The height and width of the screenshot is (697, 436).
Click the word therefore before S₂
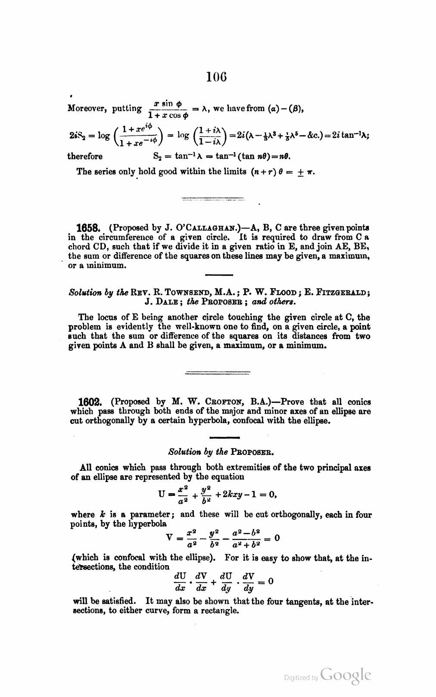(x=85, y=156)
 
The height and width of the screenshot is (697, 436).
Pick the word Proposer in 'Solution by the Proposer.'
(x=252, y=453)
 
